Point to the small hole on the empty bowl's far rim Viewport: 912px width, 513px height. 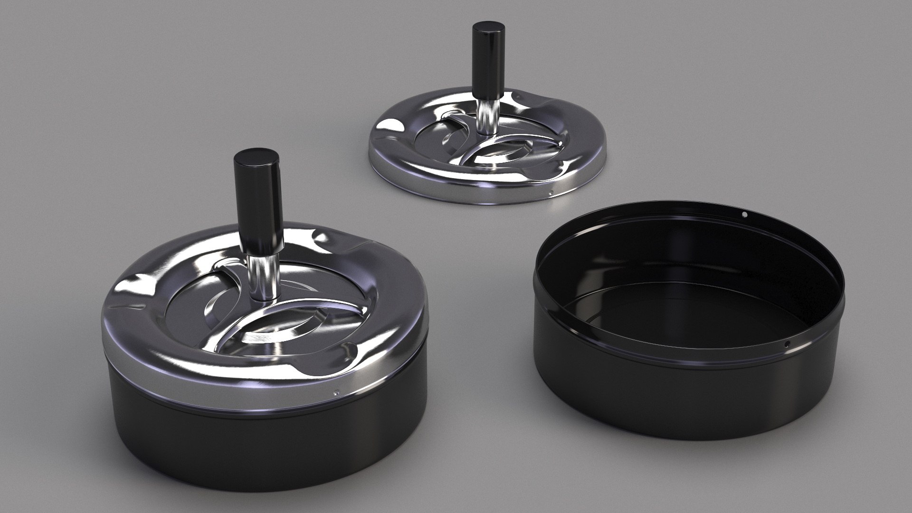pyautogui.click(x=744, y=215)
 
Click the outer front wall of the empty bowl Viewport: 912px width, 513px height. pyautogui.click(x=665, y=399)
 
